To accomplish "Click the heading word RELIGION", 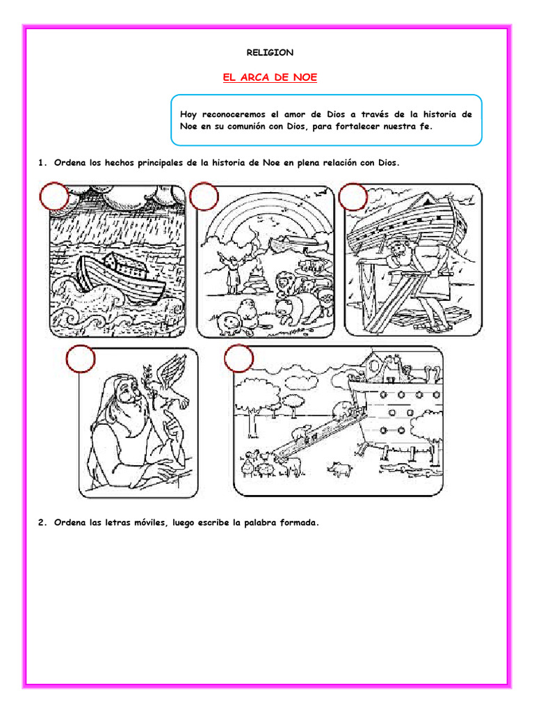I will point(270,52).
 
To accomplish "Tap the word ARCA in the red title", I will point(254,78).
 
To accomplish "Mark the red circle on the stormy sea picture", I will point(54,197).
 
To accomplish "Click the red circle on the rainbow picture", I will point(204,197).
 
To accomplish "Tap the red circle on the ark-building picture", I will point(353,197).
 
